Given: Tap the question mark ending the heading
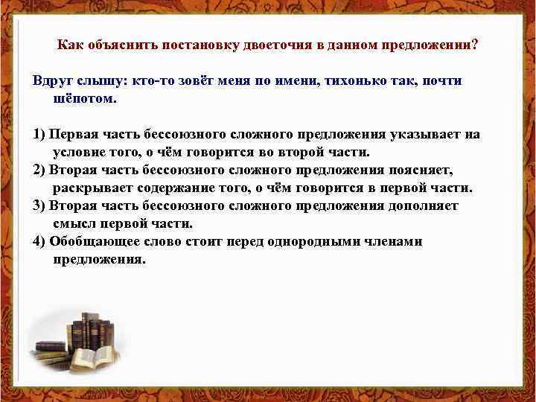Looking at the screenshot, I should (x=474, y=45).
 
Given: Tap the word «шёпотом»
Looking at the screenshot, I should (x=83, y=98).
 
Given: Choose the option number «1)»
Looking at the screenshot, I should (x=39, y=135).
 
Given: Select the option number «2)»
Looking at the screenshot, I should (x=39, y=170).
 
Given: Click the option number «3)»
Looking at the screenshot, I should (x=39, y=206).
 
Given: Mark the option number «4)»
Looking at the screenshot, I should (x=39, y=242).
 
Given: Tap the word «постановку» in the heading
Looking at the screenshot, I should (x=197, y=45).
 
